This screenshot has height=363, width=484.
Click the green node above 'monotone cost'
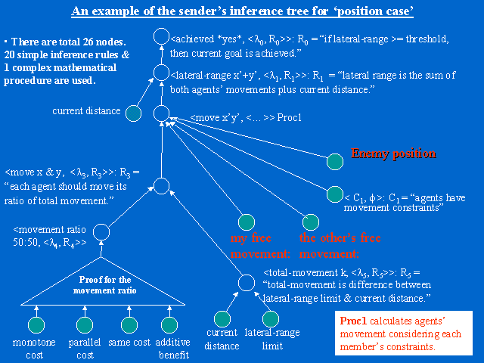36,324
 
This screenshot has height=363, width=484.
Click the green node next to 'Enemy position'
335,162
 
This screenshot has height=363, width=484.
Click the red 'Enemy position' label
393,154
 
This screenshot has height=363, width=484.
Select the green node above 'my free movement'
245,223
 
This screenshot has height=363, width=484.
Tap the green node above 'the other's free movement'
309,223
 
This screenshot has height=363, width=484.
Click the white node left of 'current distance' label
133,114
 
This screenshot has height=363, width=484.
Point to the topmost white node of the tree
161,36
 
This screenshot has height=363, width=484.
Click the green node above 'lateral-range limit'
271,319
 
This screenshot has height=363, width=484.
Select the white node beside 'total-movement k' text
246,283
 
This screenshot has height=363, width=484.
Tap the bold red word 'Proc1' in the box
353,321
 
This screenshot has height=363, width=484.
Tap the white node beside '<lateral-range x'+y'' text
161,74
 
